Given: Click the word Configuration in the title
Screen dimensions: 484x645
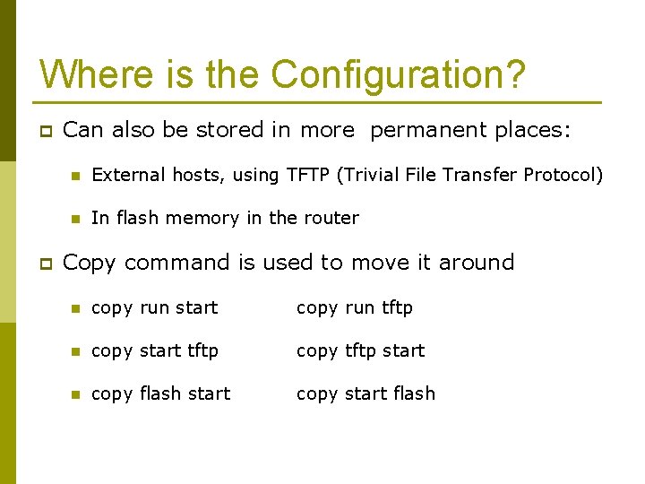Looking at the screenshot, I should coord(398,75).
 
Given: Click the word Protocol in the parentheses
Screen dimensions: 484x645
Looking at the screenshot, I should coord(560,175).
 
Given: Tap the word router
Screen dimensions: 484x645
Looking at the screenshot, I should coord(331,218).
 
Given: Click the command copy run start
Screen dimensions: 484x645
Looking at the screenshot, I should coord(155,307).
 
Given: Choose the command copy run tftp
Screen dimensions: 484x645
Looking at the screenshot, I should coord(355,307).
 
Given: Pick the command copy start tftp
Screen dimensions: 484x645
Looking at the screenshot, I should coord(155,350).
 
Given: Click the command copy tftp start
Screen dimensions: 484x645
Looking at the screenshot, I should coord(360,350).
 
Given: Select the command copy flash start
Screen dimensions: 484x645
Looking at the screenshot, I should coord(161,393).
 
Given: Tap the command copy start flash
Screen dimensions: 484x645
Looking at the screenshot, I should coord(365,393).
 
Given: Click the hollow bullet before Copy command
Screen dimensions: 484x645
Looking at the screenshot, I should coord(45,264).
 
